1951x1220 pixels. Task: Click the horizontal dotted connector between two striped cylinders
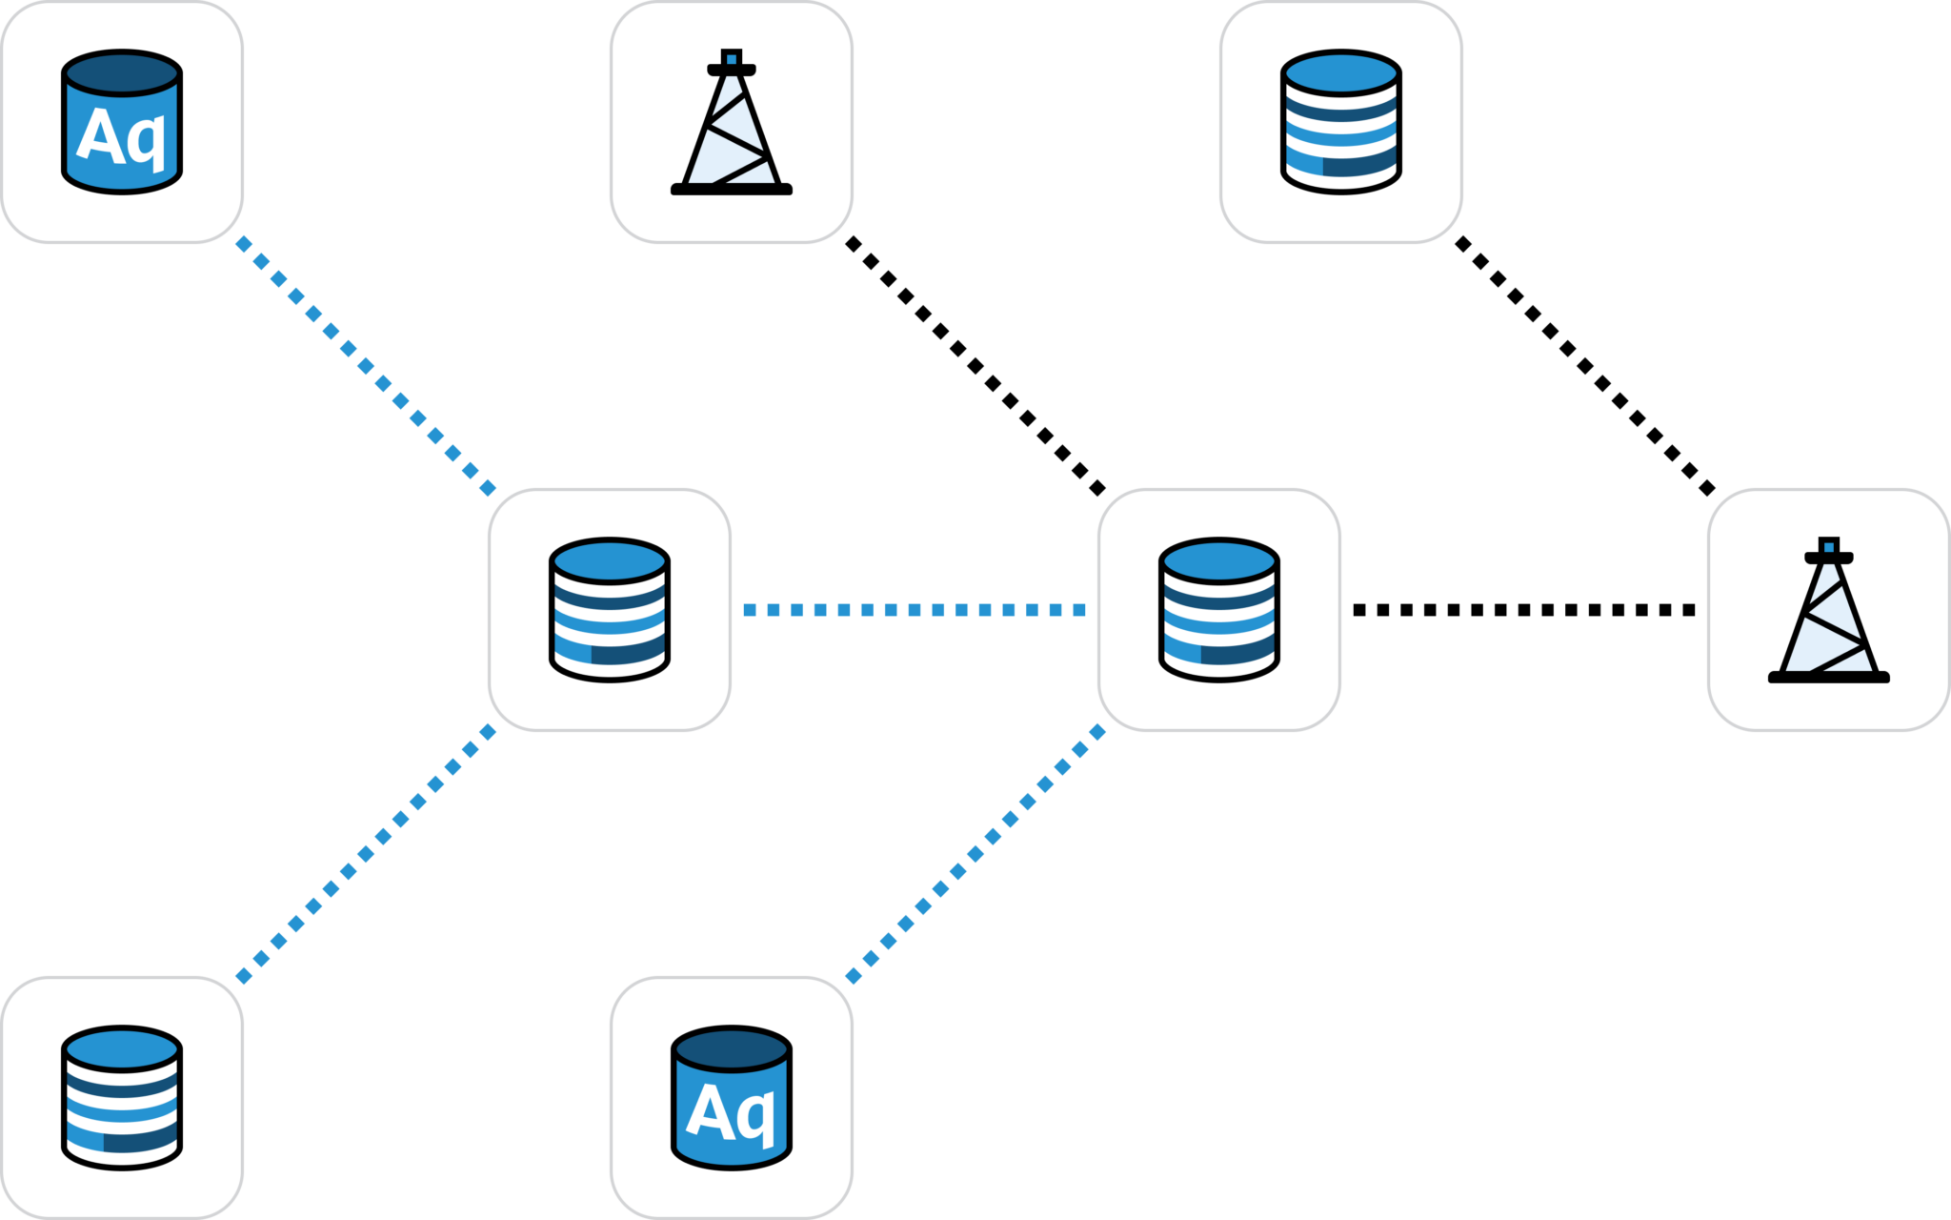pyautogui.click(x=915, y=610)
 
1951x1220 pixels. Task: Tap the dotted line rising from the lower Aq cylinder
pyautogui.click(x=975, y=854)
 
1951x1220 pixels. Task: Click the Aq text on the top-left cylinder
pyautogui.click(x=121, y=136)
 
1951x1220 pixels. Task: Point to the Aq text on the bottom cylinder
pyautogui.click(x=731, y=1112)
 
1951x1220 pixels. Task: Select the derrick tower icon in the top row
pyautogui.click(x=732, y=124)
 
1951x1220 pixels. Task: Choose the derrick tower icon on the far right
pyautogui.click(x=1829, y=612)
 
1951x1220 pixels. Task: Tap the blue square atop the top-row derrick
pyautogui.click(x=732, y=58)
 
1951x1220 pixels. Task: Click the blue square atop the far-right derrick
pyautogui.click(x=1829, y=546)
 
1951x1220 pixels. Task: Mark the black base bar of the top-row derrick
pyautogui.click(x=732, y=190)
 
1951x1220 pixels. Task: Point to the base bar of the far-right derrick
pyautogui.click(x=1829, y=678)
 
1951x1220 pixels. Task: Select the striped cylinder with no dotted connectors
pyautogui.click(x=1341, y=122)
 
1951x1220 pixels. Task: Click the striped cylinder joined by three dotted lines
pyautogui.click(x=610, y=610)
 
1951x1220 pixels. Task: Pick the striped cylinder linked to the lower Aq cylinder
pyautogui.click(x=1219, y=610)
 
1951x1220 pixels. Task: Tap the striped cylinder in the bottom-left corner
pyautogui.click(x=122, y=1098)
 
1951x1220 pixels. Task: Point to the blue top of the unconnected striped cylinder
pyautogui.click(x=1341, y=72)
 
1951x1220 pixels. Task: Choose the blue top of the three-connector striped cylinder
pyautogui.click(x=610, y=560)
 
